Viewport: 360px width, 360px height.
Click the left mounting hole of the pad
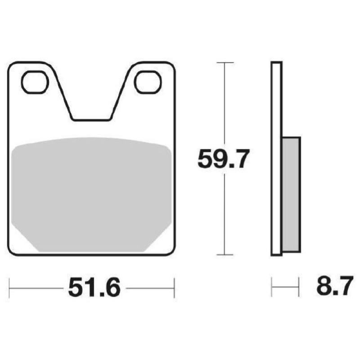[35, 83]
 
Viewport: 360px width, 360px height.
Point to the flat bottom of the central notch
[91, 120]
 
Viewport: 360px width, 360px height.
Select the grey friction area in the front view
[92, 193]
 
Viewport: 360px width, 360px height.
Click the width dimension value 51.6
[94, 288]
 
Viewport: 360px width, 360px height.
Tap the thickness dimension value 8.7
[333, 288]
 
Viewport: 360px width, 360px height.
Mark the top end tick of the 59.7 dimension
[225, 62]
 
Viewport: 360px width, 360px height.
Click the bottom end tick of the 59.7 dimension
[225, 255]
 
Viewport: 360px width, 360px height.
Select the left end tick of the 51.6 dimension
[10, 288]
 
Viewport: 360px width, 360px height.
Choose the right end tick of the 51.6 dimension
[174, 288]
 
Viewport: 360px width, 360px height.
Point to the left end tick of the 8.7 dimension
[272, 288]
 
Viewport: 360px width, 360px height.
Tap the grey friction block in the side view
[291, 193]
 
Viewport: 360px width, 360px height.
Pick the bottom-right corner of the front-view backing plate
[172, 253]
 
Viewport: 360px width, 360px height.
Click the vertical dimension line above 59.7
[225, 103]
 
